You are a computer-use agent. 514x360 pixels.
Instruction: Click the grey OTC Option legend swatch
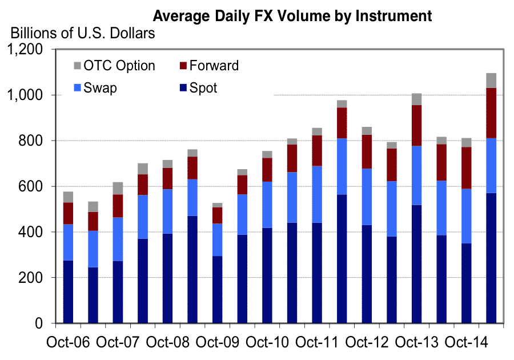(78, 65)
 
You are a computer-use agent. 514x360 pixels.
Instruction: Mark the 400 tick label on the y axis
(31, 233)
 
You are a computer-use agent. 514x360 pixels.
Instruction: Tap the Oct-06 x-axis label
(69, 344)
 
